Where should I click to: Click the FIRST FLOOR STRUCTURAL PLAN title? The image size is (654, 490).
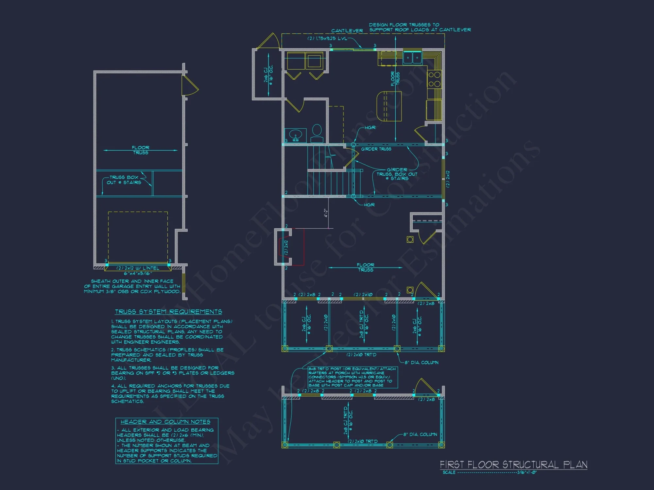[513, 465]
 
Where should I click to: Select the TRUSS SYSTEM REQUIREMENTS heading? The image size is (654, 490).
[168, 312]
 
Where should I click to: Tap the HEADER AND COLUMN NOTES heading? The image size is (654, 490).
[165, 422]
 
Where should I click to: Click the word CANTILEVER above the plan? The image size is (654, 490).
[347, 31]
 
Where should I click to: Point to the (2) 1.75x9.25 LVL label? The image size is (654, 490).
[327, 39]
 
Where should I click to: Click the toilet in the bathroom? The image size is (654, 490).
[317, 132]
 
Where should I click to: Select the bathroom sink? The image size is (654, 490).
[296, 135]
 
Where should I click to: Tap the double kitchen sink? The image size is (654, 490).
[412, 58]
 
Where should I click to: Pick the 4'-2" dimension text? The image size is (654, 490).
[326, 213]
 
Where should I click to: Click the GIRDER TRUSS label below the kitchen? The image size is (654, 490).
[376, 149]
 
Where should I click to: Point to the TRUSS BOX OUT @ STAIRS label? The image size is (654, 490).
[124, 180]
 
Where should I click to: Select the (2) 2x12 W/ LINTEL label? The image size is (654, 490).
[138, 268]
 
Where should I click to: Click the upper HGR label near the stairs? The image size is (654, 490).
[370, 128]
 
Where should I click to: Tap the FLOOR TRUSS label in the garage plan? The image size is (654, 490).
[141, 150]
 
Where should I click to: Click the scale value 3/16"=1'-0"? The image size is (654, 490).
[527, 472]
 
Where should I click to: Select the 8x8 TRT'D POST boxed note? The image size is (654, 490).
[353, 377]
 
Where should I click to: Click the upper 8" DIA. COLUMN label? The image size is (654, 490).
[422, 363]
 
